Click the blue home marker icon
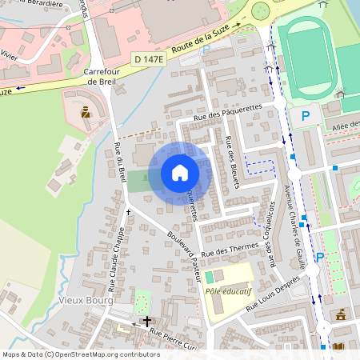coord(180,173)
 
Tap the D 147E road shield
coord(148,60)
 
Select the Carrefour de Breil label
coord(102,76)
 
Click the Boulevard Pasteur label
coord(183,255)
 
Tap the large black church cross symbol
coord(146,321)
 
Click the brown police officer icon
coord(86,111)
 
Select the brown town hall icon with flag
coord(342,313)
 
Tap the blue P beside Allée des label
coord(305,117)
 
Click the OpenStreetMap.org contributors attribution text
coord(109,354)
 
